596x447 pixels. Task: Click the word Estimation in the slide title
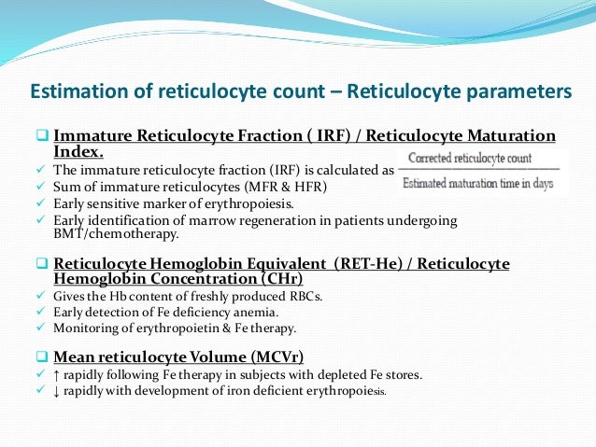[74, 92]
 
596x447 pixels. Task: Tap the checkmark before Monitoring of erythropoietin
[42, 328]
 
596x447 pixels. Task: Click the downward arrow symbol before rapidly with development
[59, 391]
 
